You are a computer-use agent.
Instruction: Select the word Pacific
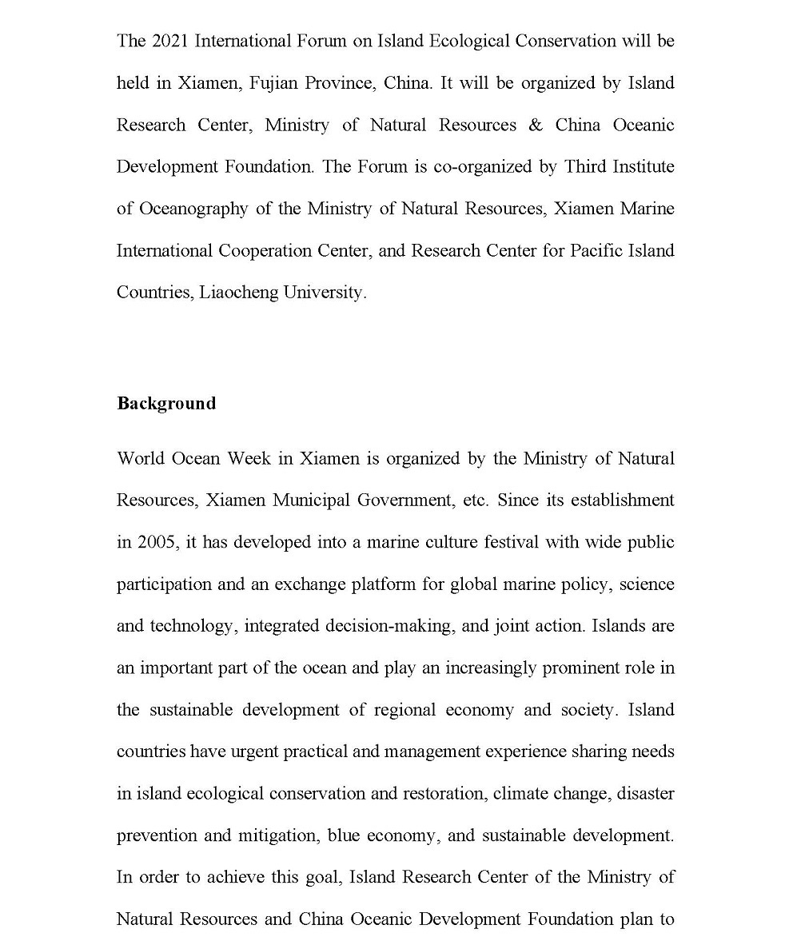(597, 250)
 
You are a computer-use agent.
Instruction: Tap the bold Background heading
(166, 403)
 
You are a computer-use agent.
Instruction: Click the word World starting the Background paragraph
(139, 458)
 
